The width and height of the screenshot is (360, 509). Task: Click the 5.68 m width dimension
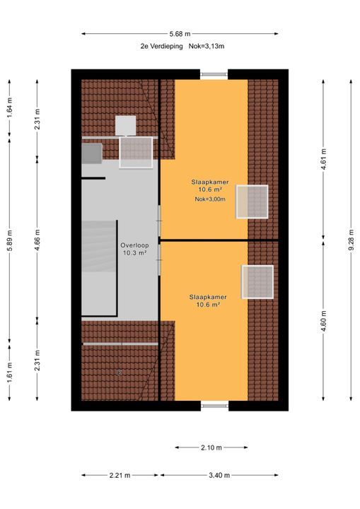click(180, 34)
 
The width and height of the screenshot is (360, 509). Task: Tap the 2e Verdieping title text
click(161, 46)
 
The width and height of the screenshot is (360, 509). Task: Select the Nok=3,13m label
click(207, 46)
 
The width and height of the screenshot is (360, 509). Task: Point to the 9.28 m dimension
click(351, 240)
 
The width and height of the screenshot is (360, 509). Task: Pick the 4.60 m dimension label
click(323, 322)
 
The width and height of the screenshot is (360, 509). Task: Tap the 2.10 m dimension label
click(211, 447)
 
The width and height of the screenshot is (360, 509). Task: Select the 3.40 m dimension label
click(219, 475)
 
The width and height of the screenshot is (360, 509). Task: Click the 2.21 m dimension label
click(120, 475)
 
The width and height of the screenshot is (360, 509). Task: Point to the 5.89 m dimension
click(9, 240)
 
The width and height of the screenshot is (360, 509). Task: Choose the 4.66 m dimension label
click(37, 240)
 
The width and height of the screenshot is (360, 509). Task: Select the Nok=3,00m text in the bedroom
click(210, 199)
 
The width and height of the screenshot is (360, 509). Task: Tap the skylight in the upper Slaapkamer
click(252, 201)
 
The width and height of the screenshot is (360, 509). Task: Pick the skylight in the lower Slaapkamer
click(257, 282)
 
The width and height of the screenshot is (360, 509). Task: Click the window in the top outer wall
click(214, 74)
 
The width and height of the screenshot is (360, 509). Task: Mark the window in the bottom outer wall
click(214, 406)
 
